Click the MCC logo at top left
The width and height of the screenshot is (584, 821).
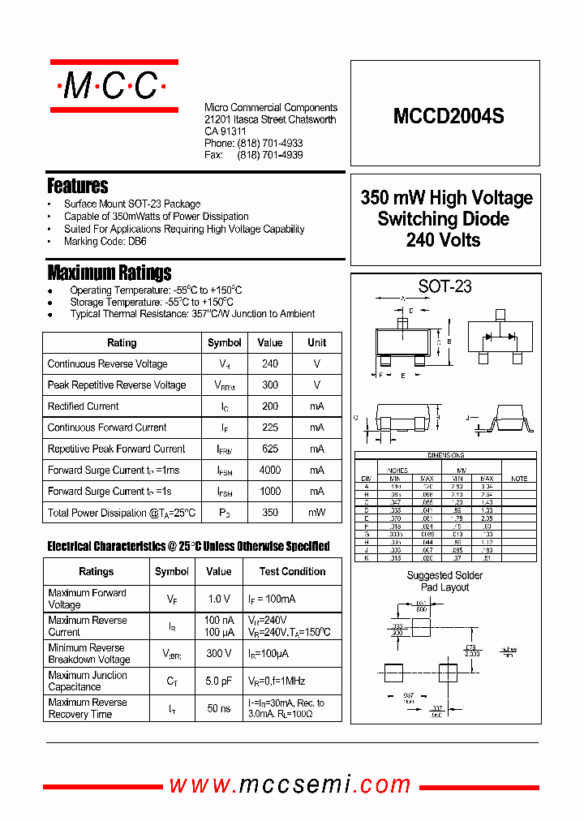coord(114,86)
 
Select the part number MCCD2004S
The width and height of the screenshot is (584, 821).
coord(449,116)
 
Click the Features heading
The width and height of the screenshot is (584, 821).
coord(77,186)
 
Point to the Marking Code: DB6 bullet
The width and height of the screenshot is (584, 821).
coord(105,242)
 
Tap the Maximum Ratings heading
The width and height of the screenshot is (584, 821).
coord(109,273)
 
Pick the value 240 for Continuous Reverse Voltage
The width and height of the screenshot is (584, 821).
coord(270,364)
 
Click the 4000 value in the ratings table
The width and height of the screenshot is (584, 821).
coord(270,470)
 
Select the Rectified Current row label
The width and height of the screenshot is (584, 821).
coord(83,406)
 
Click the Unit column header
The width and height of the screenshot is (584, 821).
coord(317,342)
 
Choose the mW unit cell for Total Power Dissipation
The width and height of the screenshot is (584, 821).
coord(317,512)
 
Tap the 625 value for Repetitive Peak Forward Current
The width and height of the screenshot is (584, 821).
coord(270,449)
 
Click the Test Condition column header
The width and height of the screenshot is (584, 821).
coord(292,571)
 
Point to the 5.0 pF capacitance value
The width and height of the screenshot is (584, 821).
coord(218,681)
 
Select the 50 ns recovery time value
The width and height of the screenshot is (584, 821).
coord(218,708)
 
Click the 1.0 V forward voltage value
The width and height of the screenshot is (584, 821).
coord(218,599)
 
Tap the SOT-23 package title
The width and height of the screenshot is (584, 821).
coord(444,286)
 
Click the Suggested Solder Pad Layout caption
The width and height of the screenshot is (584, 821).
coord(444,581)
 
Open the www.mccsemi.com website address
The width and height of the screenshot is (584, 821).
coord(290,784)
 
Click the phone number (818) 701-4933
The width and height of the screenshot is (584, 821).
coord(270,143)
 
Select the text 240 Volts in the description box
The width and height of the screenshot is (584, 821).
coord(444,240)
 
